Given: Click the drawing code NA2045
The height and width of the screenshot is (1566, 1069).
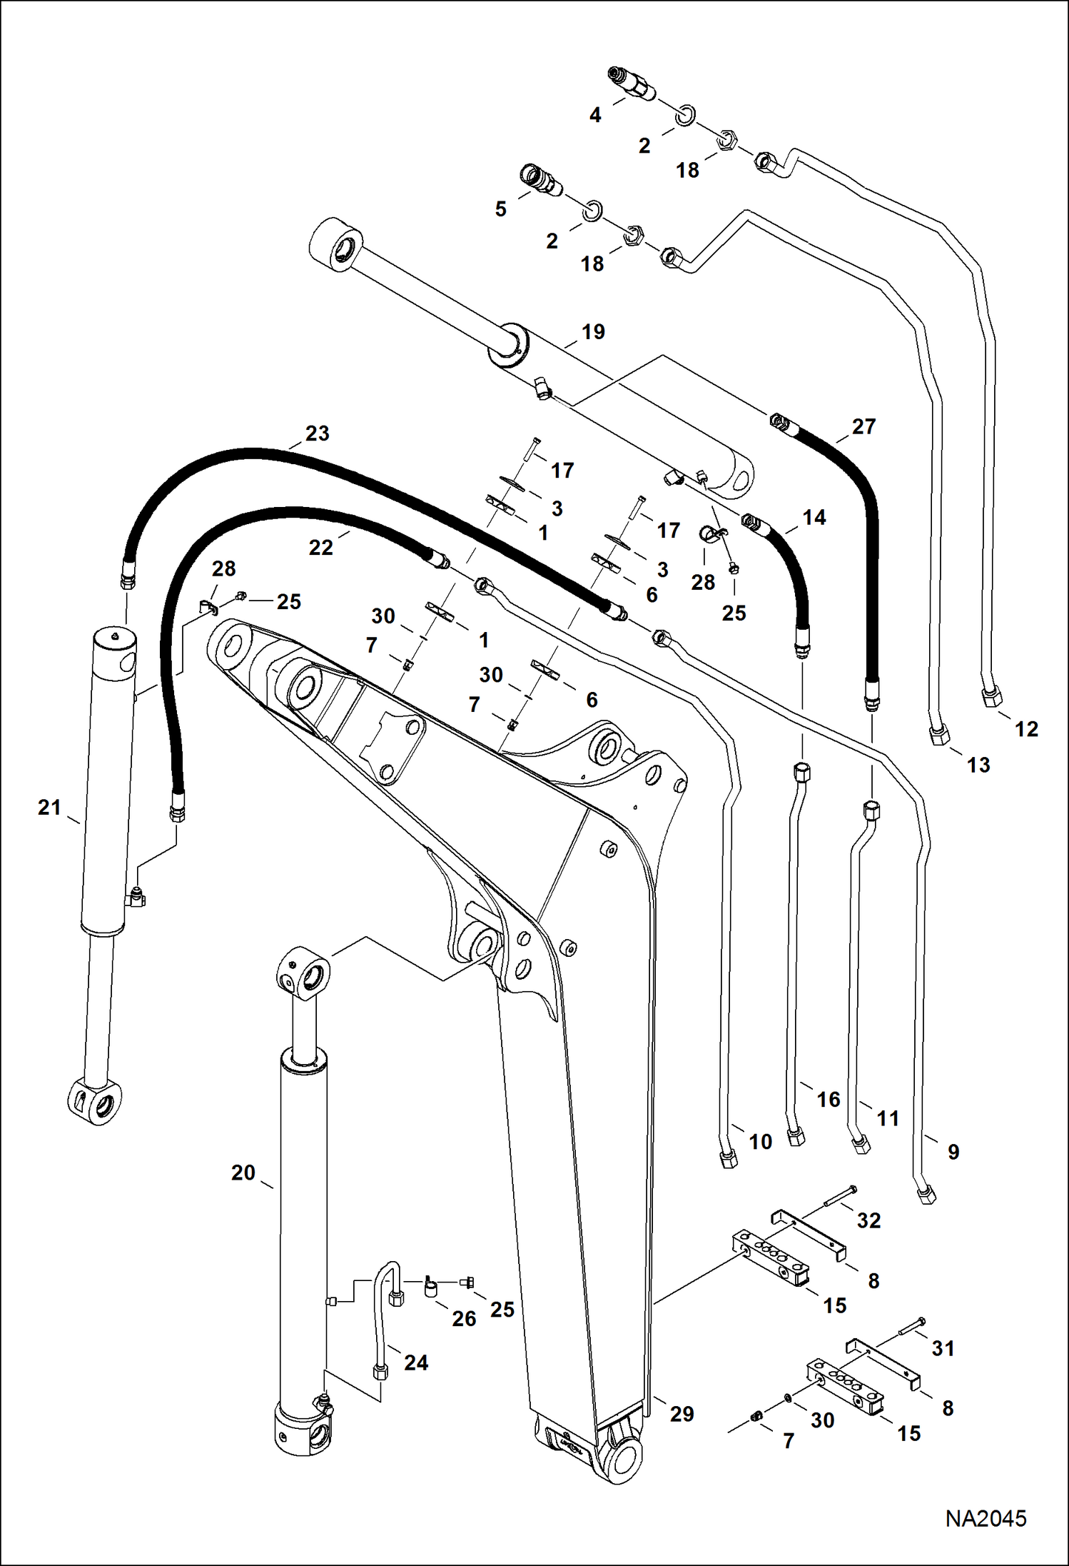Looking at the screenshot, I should (985, 1517).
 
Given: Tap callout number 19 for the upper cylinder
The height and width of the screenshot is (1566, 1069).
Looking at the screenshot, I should (592, 332).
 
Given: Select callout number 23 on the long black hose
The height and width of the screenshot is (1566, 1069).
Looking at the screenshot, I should (317, 433).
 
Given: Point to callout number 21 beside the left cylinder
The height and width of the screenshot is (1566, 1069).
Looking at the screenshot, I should (49, 808).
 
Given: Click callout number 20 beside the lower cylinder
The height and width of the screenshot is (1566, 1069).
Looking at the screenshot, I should (243, 1173).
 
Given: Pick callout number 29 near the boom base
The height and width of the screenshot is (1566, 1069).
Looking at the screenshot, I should (682, 1414).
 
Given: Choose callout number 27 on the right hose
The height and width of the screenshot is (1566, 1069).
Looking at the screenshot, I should (863, 426).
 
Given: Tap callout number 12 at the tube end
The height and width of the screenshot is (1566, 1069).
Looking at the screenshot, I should (1026, 729).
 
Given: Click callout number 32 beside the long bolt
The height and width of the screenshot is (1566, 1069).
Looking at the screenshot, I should (868, 1220).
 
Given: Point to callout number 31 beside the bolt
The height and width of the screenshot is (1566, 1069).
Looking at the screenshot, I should (943, 1348).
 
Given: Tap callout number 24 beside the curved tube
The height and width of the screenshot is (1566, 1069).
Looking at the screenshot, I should (416, 1362).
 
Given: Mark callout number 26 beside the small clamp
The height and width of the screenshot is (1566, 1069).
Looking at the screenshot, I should (464, 1319).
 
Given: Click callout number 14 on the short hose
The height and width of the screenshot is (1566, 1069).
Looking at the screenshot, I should (814, 518).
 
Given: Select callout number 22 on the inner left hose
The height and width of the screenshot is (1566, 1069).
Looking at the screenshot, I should (320, 548).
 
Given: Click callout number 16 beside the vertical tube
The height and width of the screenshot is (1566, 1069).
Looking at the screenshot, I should (828, 1099).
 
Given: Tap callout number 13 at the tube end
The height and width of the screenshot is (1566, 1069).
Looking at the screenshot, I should (978, 765).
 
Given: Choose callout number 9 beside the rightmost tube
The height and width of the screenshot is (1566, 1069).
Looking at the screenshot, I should (953, 1152).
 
